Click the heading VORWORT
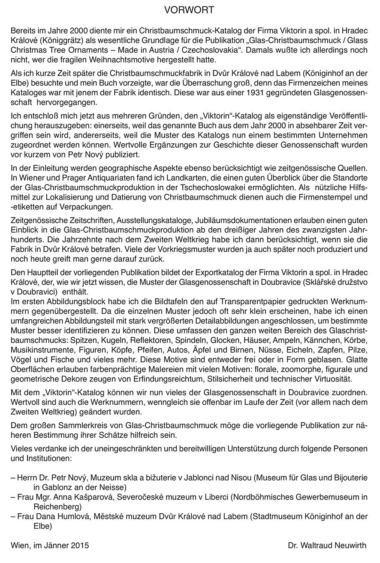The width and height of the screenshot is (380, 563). click(190, 9)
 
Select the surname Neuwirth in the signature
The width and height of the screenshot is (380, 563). click(350, 545)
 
